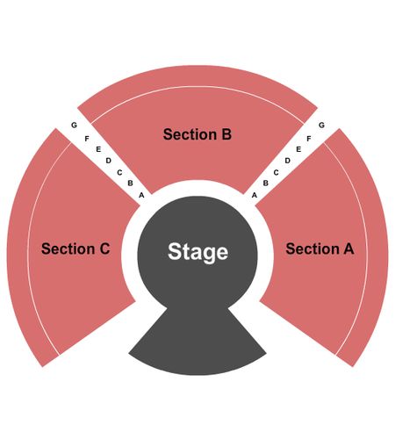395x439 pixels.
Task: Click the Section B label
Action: pos(197,134)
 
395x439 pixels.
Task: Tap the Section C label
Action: pos(75,248)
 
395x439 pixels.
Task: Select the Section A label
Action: pos(320,248)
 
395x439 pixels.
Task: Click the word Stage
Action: pos(198,252)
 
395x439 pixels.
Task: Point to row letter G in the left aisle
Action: pos(74,125)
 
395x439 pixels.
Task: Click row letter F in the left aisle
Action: pos(87,139)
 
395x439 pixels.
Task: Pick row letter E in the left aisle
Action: pos(98,149)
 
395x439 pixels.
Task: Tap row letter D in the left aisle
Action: pos(109,161)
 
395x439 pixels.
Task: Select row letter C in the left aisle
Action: pos(119,173)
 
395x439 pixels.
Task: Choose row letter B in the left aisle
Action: pos(130,184)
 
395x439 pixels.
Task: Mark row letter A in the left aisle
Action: pos(141,195)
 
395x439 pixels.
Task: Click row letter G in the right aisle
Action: pos(321,125)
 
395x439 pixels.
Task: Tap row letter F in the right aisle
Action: pos(309,139)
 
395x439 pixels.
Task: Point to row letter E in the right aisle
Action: pos(298,149)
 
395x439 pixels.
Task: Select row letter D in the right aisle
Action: pos(288,161)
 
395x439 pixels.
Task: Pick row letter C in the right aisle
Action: pos(276,173)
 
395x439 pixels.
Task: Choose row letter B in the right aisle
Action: pos(266,184)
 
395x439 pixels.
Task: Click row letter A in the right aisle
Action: pos(255,195)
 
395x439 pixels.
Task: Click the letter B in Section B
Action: pos(226,134)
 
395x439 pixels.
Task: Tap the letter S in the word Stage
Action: pos(174,251)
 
